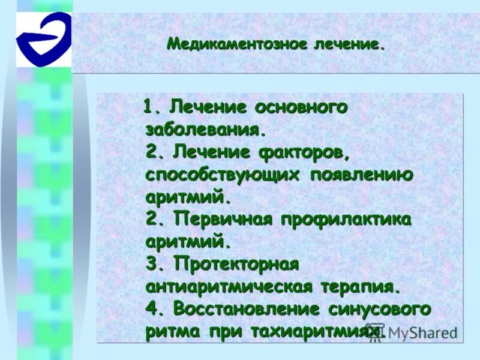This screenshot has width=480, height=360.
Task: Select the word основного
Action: pyautogui.click(x=301, y=108)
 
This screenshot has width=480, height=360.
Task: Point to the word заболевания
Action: pyautogui.click(x=204, y=130)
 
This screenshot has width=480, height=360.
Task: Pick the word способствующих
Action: pyautogui.click(x=223, y=175)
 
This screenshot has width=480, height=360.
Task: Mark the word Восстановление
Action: pyautogui.click(x=246, y=310)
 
